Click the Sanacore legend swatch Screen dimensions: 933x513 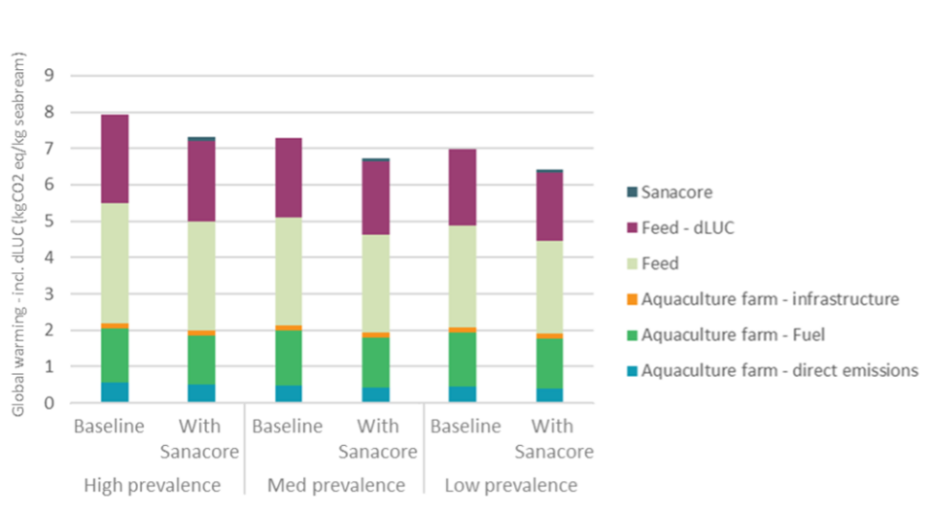[632, 192]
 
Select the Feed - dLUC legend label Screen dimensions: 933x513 [688, 228]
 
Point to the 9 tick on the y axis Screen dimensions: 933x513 [49, 75]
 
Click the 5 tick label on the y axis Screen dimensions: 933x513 [49, 221]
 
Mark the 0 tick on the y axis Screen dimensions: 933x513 [49, 403]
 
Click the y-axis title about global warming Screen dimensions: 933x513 [18, 234]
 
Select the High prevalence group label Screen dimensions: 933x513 [153, 485]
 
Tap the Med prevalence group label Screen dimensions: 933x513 [336, 485]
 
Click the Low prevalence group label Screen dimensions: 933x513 [511, 485]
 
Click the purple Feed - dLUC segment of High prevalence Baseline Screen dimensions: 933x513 [115, 159]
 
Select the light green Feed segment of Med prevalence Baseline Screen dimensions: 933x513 [289, 271]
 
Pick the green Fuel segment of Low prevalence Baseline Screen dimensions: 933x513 [463, 359]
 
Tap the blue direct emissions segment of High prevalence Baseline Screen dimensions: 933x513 [115, 393]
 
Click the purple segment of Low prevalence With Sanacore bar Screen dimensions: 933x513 [549, 207]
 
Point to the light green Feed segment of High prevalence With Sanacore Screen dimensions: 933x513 [202, 276]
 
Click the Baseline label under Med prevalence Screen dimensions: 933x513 [288, 427]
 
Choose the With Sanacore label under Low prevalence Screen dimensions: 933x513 [554, 438]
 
